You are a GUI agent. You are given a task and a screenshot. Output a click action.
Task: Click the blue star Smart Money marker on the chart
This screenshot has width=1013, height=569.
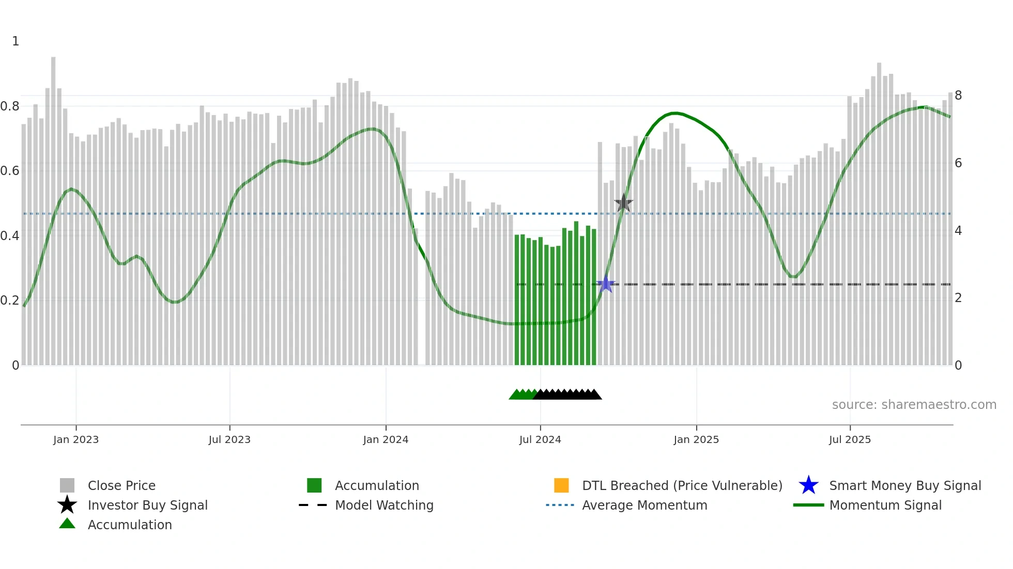point(606,284)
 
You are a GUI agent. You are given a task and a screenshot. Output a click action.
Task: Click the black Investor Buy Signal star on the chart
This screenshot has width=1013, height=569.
point(624,203)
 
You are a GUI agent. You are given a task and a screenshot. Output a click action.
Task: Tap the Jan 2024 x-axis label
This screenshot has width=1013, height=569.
point(386,439)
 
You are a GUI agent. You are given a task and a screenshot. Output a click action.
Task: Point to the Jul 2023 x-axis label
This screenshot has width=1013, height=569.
point(229,439)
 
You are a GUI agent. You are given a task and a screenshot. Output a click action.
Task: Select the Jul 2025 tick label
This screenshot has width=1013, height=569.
point(850,439)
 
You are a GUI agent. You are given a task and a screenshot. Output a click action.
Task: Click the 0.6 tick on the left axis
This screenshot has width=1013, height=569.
point(10,171)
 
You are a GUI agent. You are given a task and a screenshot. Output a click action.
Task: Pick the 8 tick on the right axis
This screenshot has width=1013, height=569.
point(958,96)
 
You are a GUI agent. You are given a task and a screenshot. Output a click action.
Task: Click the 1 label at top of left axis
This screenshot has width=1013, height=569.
point(16,41)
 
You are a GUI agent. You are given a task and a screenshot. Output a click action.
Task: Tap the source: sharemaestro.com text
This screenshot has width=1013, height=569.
point(914,405)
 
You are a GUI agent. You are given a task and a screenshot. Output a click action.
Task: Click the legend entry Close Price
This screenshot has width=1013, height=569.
point(121,485)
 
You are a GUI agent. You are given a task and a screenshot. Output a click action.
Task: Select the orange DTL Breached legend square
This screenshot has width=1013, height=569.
point(561,485)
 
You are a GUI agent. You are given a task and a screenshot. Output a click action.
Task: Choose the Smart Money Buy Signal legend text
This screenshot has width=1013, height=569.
point(904,485)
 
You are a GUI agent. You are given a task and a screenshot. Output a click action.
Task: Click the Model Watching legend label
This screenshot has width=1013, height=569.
point(384,505)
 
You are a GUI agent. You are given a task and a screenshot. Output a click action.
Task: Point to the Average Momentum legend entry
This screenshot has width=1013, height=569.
point(644,505)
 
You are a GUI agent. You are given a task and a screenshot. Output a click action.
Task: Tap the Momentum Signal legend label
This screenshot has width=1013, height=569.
point(885,505)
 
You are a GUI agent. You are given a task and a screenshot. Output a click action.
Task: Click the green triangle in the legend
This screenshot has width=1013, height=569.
point(67,524)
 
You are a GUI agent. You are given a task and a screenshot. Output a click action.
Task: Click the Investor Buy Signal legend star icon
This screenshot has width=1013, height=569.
point(67,505)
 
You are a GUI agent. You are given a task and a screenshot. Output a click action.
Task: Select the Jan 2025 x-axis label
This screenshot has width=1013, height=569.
point(696,439)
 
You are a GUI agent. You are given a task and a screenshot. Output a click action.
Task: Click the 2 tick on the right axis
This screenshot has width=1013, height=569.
point(958,298)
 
